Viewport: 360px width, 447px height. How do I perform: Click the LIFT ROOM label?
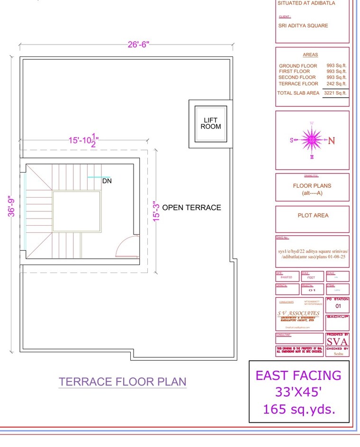210,123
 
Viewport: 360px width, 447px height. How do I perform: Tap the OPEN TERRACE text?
191,208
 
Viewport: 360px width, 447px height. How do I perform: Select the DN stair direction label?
107,181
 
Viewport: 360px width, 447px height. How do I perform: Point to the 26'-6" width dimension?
138,45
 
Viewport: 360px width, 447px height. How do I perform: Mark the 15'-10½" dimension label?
83,141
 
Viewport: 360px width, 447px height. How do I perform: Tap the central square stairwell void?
76,211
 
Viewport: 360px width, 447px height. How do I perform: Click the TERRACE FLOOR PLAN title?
122,382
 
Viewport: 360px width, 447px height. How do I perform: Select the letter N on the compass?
332,140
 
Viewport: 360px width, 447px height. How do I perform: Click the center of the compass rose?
312,140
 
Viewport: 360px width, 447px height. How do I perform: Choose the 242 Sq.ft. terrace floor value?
336,83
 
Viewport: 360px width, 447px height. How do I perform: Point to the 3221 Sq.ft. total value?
335,93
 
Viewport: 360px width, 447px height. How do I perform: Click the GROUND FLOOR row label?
298,66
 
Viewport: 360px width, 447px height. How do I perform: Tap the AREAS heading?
310,55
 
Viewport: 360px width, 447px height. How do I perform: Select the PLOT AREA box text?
313,215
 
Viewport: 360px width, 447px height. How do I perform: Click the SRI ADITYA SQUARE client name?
303,26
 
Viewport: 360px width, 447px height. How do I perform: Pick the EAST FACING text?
298,375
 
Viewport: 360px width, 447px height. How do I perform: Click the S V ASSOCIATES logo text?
298,313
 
